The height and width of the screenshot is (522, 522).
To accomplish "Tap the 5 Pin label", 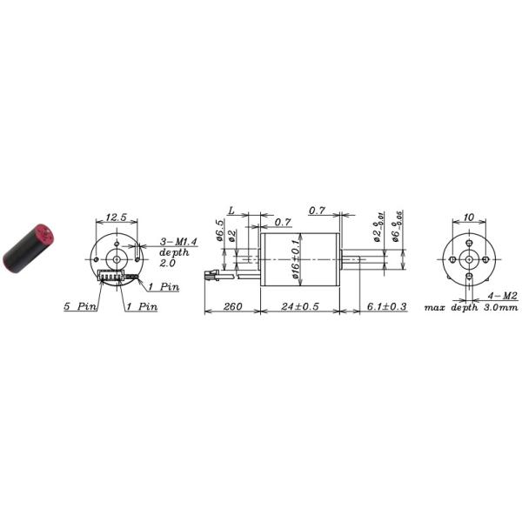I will click(79, 306).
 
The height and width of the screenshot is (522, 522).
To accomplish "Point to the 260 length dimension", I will click(232, 306).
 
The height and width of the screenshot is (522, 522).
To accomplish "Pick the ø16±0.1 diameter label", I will click(295, 258).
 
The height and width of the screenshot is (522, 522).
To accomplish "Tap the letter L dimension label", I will click(231, 211).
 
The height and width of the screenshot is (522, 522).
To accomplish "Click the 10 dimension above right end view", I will click(469, 217).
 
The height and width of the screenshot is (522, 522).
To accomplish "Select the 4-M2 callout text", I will click(504, 297).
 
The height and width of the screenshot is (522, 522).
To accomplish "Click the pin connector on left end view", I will click(112, 278).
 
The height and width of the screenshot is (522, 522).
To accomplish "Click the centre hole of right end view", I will click(469, 258).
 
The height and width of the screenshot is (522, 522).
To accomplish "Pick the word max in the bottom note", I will click(435, 307).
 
